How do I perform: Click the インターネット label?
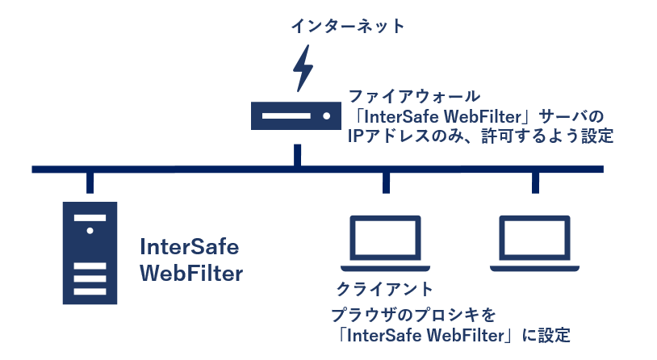349,27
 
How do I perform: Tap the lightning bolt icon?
303,68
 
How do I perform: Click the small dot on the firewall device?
327,116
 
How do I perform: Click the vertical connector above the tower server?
90,182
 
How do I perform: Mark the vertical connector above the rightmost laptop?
534,182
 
